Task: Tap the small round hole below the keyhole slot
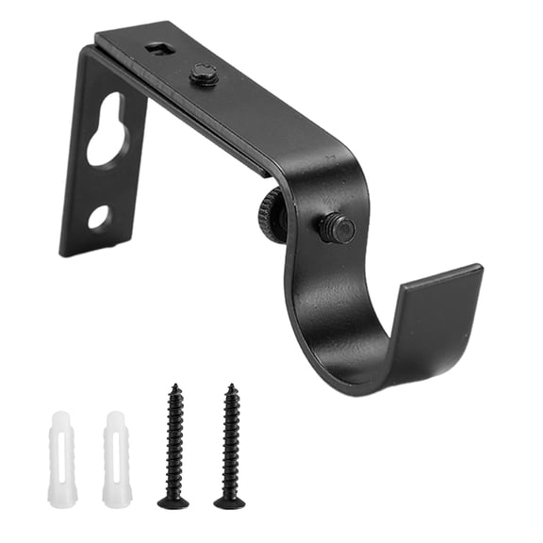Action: click(x=98, y=217)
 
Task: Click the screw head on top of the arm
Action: click(x=204, y=74)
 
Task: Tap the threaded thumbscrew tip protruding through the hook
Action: click(x=337, y=227)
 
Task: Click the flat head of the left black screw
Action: click(x=173, y=502)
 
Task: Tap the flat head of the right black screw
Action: click(x=229, y=502)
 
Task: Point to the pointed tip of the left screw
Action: click(x=173, y=386)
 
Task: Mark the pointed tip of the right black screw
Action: click(x=228, y=386)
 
